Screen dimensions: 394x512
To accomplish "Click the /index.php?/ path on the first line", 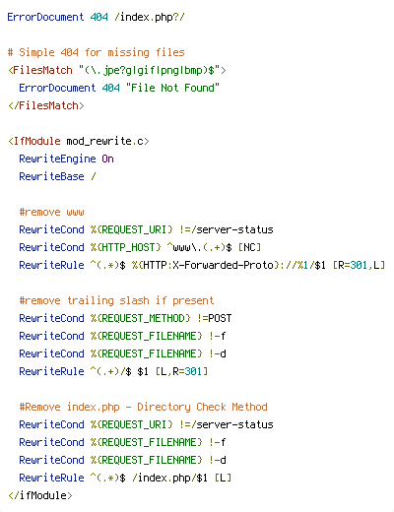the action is (x=150, y=17).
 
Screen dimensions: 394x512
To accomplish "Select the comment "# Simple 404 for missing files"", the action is (x=97, y=52).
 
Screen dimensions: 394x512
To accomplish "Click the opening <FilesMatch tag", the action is (x=40, y=70).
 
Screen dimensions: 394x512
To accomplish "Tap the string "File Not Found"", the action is (x=172, y=88).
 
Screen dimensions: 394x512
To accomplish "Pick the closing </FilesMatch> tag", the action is (x=46, y=105).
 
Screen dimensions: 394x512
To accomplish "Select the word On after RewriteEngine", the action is (x=107, y=159).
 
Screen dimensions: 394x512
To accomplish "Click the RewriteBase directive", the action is (x=51, y=176).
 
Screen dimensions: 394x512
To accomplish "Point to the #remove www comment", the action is (x=51, y=212).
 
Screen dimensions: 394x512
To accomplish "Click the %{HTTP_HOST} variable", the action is (x=126, y=247).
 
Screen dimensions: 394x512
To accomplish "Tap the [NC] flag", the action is (x=249, y=247).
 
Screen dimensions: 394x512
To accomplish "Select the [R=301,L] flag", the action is (x=359, y=265).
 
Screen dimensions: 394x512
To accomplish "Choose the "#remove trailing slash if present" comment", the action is (x=116, y=300).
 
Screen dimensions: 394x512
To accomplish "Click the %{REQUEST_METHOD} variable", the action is (x=141, y=318).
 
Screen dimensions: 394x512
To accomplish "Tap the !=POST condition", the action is (x=215, y=318).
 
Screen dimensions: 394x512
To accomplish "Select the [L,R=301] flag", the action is (x=181, y=371).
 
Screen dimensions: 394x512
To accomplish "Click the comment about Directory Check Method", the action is (x=143, y=407).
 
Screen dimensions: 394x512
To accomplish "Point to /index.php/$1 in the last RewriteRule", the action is (x=169, y=478).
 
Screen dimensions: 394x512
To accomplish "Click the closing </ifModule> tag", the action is (x=40, y=495).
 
